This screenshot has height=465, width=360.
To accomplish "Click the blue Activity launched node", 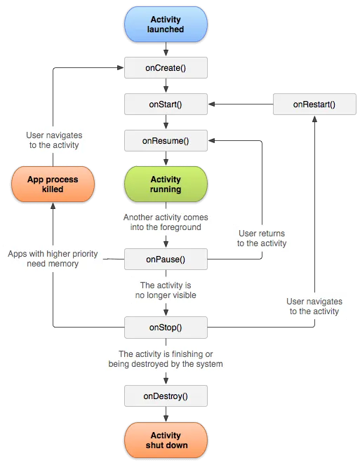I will (x=166, y=25).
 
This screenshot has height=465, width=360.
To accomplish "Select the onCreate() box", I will (x=166, y=67).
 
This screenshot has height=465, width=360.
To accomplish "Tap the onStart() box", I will (x=166, y=105).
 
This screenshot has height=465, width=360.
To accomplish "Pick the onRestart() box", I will (x=314, y=105).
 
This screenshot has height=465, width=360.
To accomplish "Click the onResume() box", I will (x=166, y=141).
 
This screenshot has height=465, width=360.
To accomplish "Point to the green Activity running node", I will (x=166, y=184).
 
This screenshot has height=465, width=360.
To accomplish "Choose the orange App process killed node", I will (x=53, y=184).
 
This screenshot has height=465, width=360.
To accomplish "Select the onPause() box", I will (x=166, y=260).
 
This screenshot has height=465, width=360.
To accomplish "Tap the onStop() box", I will (x=166, y=327).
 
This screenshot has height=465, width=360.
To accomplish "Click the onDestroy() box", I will (x=166, y=396).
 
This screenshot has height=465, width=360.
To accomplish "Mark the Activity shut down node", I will (x=166, y=440).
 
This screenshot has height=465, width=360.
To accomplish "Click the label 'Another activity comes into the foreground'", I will (x=166, y=222).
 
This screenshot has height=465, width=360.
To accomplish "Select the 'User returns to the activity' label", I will (x=262, y=238).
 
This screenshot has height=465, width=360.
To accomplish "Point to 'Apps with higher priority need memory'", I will (x=53, y=258).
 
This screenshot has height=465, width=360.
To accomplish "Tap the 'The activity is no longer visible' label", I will (x=166, y=290).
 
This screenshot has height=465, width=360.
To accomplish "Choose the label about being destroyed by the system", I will (x=166, y=359).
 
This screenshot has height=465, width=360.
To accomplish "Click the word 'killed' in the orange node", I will (x=53, y=189).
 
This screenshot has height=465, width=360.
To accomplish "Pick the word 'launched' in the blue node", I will (x=166, y=30).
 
